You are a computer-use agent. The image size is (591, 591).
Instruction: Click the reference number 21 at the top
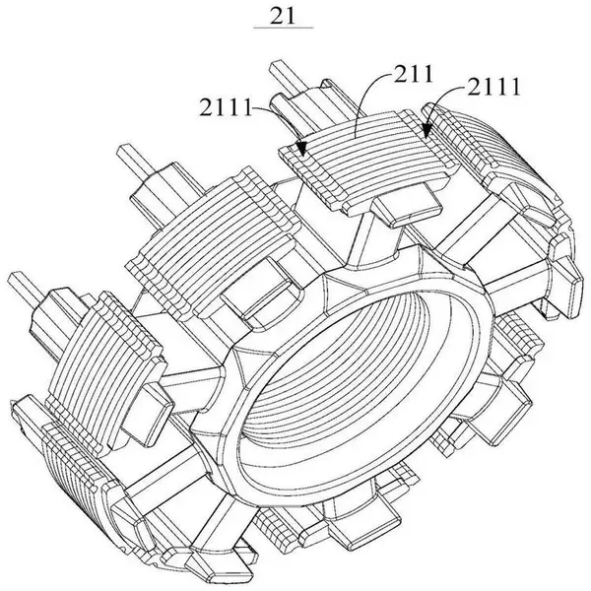click(x=283, y=16)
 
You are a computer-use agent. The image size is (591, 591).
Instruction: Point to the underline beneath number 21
click(x=284, y=28)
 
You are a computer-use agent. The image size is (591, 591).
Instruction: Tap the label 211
click(x=414, y=74)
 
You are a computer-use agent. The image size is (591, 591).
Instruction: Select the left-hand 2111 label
click(x=226, y=107)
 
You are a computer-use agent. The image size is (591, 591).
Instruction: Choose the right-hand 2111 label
click(x=493, y=87)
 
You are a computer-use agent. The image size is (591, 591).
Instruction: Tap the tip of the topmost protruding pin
click(x=275, y=64)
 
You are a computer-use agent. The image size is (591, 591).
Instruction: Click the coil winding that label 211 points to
click(x=363, y=159)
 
